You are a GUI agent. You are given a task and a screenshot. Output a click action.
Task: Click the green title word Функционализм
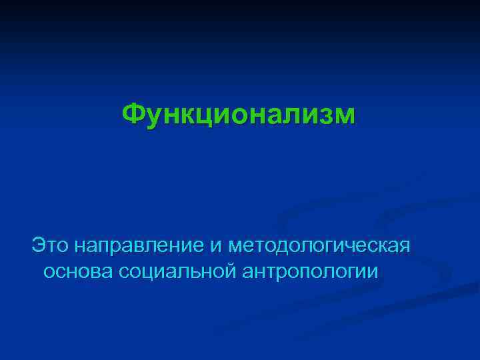(x=239, y=115)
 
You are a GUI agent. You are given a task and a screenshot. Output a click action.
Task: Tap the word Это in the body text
(x=51, y=245)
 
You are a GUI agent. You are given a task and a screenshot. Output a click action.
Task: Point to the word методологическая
(x=319, y=245)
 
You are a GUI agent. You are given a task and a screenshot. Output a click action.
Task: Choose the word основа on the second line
(x=78, y=271)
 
